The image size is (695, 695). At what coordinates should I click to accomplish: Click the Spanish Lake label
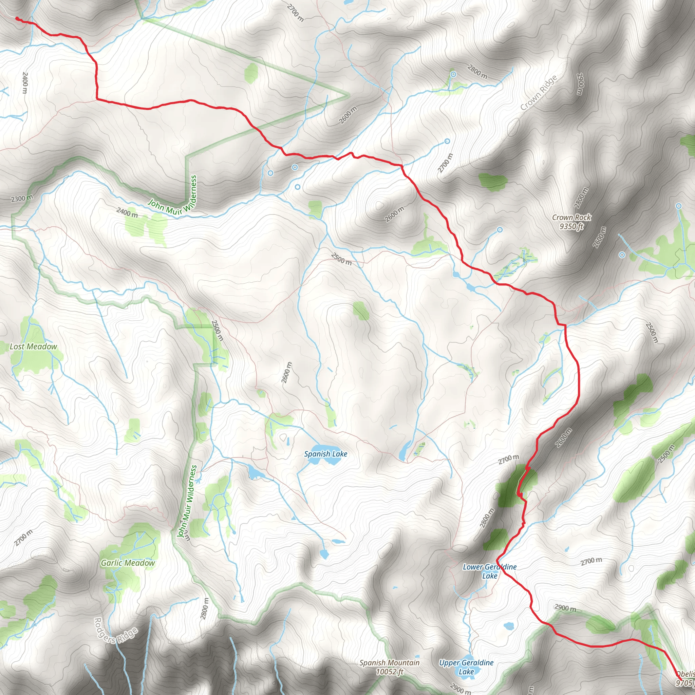[x=325, y=454]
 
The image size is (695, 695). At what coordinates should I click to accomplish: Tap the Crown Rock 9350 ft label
[x=571, y=222]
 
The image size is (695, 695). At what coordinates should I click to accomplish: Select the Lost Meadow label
[x=33, y=346]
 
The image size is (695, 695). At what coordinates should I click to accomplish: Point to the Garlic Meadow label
[x=128, y=563]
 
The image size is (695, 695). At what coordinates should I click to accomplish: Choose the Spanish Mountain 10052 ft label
[x=390, y=667]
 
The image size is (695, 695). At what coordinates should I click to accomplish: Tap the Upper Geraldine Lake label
[x=466, y=667]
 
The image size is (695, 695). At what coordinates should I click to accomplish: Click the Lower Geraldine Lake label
[x=490, y=571]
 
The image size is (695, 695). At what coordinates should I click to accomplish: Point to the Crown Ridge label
[x=539, y=93]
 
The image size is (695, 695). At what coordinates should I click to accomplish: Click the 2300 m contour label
[x=22, y=198]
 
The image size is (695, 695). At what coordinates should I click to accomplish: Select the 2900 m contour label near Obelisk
[x=565, y=607]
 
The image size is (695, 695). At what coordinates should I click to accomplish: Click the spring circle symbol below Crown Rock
[x=622, y=255]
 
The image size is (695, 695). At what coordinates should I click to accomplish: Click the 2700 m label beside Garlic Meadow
[x=24, y=538]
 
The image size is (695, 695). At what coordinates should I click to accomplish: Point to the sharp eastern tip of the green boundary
[x=349, y=95]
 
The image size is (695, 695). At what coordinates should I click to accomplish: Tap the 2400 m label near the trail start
[x=25, y=82]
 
